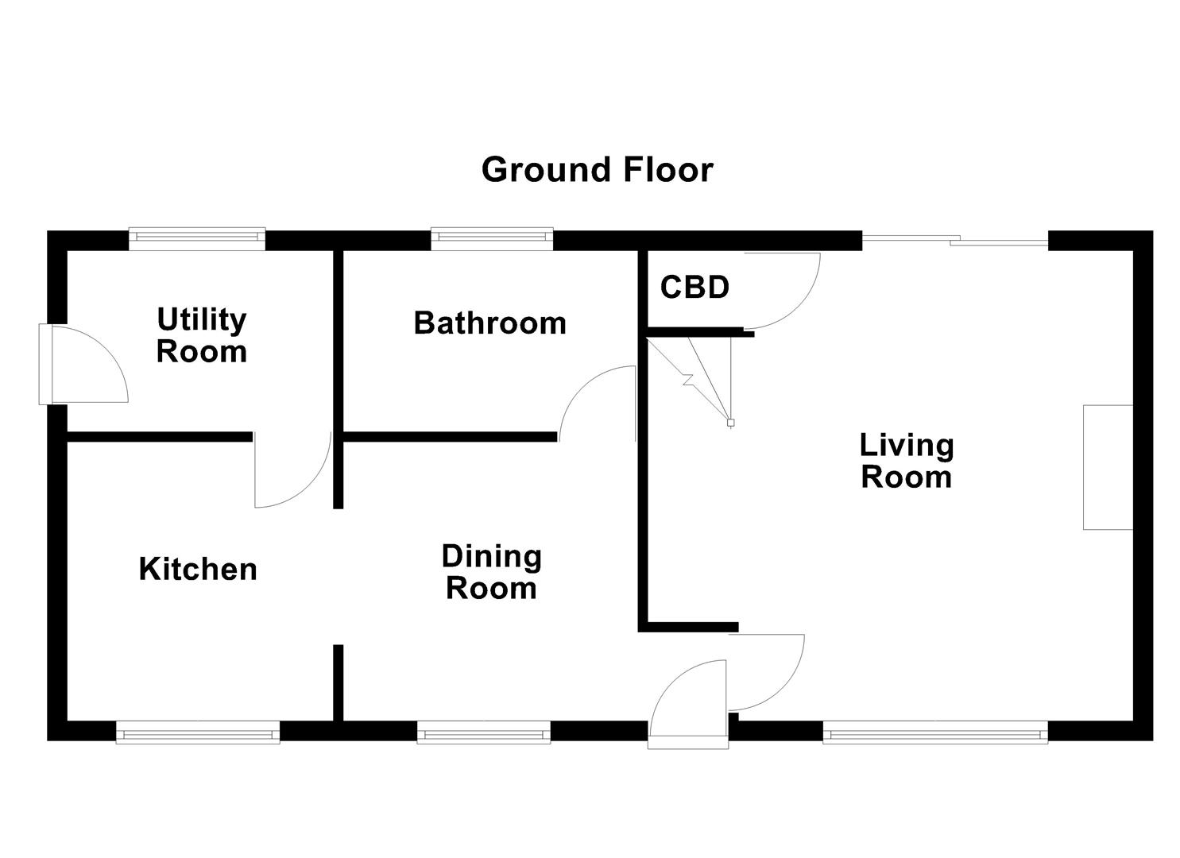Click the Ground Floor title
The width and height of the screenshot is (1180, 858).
(597, 170)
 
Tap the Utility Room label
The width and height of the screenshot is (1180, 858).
(201, 335)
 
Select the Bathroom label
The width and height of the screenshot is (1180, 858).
(489, 323)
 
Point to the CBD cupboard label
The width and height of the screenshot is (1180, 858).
(694, 287)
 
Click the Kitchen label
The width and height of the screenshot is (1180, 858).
(198, 570)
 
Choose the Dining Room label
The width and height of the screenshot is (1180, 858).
(491, 572)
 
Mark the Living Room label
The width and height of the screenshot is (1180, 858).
(907, 461)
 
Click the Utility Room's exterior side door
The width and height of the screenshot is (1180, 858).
(83, 365)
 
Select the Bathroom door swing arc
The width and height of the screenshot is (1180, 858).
(596, 401)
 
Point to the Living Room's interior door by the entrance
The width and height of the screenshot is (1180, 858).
(767, 672)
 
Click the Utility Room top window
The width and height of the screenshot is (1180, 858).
(197, 237)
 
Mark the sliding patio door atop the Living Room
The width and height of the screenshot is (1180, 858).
(955, 238)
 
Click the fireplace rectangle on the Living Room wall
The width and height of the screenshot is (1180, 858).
(1108, 467)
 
